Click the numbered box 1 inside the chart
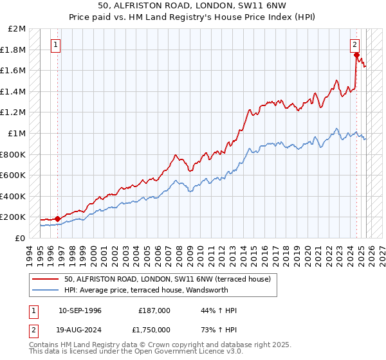[57, 45]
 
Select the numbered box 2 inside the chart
[354, 45]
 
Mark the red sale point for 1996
[57, 219]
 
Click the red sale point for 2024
[356, 55]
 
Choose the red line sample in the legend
[46, 279]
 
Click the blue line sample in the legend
[46, 290]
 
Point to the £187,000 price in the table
[154, 310]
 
